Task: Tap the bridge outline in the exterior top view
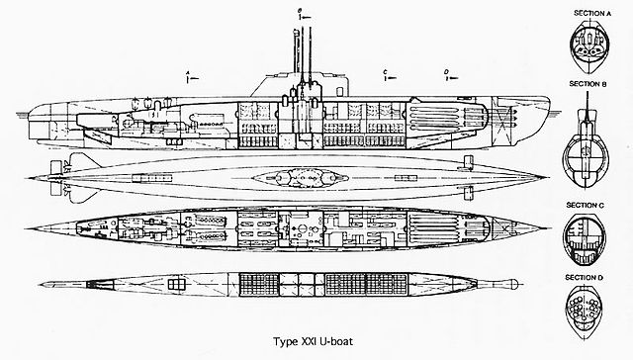[297, 178]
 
